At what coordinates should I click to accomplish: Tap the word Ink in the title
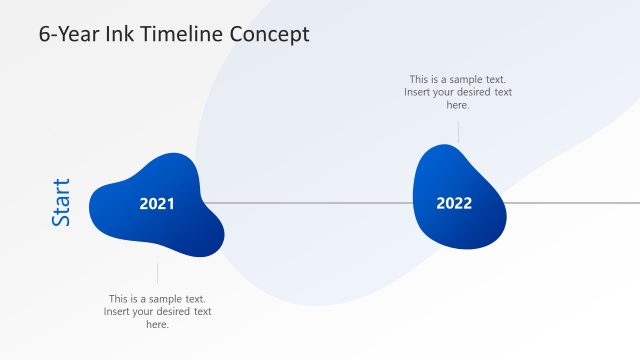(x=119, y=34)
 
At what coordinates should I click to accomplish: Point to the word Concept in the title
(x=270, y=34)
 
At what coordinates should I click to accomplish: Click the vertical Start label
(x=61, y=202)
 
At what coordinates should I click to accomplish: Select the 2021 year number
(x=157, y=204)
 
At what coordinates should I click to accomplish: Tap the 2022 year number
(x=454, y=203)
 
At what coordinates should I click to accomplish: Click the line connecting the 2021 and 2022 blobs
(x=310, y=203)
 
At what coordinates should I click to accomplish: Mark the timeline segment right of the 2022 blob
(x=570, y=203)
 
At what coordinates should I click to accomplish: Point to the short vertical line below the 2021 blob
(x=157, y=273)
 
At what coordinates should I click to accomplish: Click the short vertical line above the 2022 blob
(x=458, y=132)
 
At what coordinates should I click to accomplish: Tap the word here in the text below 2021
(x=157, y=324)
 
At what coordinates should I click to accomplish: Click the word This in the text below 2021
(x=119, y=299)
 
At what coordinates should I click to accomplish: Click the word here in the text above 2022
(x=458, y=105)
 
